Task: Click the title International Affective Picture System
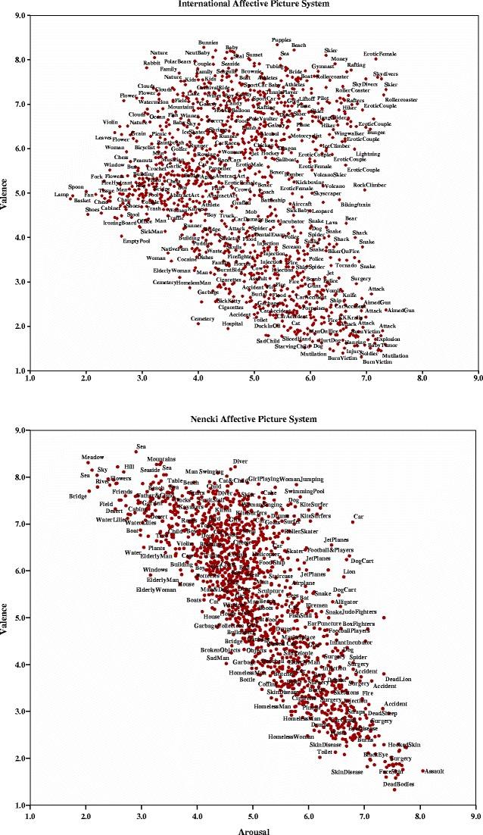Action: [x=253, y=3]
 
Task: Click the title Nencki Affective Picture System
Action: [x=253, y=420]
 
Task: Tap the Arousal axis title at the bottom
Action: [x=253, y=828]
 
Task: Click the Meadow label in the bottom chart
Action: [x=92, y=458]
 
